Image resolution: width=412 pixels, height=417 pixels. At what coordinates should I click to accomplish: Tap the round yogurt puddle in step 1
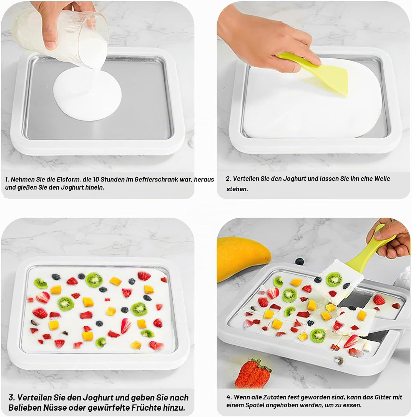point(87,95)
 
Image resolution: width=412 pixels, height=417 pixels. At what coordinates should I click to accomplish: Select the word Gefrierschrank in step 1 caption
point(155,179)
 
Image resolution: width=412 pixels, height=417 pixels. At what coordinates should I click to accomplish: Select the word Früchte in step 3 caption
point(145,408)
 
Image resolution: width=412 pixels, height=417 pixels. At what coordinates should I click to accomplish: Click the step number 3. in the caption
point(12,398)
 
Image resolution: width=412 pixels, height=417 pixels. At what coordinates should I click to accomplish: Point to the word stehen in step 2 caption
point(237,189)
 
